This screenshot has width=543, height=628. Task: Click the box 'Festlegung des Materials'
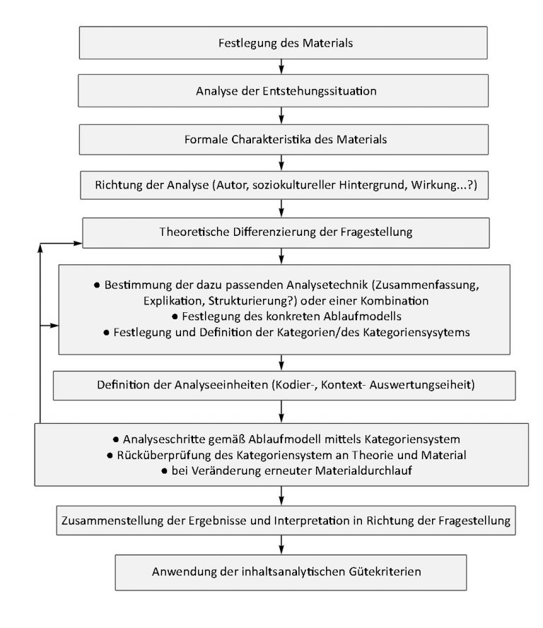pos(283,43)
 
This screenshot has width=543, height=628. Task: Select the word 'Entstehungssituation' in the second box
pos(320,91)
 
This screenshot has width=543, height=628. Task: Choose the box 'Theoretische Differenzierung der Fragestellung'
pos(286,232)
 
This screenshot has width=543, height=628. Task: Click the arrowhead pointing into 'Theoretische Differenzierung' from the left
pos(77,243)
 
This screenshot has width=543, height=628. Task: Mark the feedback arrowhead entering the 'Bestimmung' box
pos(54,326)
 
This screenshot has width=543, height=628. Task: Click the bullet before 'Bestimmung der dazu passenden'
pos(97,285)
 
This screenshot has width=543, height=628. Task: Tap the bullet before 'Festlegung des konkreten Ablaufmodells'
pos(175,316)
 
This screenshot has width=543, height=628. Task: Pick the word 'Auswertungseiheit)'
pos(422,385)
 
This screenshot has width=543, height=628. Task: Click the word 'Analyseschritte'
pos(164,439)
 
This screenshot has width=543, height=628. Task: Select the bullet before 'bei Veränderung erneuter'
pos(164,471)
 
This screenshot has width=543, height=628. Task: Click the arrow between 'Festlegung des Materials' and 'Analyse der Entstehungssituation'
pos(281,66)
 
